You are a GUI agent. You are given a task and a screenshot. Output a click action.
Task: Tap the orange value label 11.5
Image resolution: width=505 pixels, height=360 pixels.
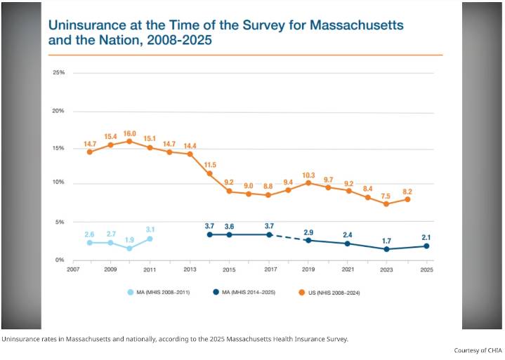tap(209, 164)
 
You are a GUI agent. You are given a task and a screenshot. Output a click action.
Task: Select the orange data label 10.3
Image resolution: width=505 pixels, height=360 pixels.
tap(308, 174)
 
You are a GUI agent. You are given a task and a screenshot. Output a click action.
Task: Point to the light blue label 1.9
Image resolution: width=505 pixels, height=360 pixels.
tap(129, 239)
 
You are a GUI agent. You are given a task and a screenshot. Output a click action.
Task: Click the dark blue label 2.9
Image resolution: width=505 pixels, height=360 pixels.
tap(308, 232)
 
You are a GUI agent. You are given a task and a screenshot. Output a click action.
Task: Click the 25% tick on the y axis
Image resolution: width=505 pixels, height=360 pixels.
tap(58, 73)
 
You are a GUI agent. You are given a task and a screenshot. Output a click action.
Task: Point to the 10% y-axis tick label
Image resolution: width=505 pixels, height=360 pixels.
tap(58, 184)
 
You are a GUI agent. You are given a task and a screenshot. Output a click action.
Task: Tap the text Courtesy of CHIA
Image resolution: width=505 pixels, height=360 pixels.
tap(478, 350)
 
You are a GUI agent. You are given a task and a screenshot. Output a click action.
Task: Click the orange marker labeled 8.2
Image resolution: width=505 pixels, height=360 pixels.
tap(407, 199)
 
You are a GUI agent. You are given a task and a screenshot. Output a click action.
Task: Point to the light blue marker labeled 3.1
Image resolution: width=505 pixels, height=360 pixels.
tap(150, 239)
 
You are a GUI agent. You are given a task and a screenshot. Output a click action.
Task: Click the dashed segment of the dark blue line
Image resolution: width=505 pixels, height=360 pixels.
tap(289, 237)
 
